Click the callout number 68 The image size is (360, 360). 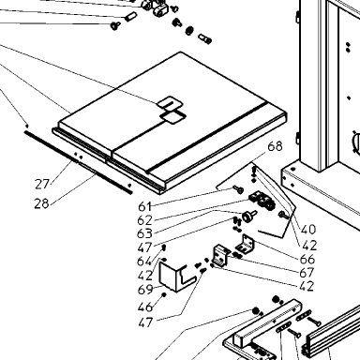coord(275,146)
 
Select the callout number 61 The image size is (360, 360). coord(144,206)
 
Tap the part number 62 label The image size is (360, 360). coord(144,220)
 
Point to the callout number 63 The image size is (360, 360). coord(144,233)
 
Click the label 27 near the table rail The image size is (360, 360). coord(42,185)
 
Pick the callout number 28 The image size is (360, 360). coord(41,203)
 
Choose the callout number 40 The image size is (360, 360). coord(308,230)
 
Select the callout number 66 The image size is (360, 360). coord(307,259)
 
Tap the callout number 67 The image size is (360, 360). coord(307,273)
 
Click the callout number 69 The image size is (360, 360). coord(145,290)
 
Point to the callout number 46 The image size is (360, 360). coord(145,307)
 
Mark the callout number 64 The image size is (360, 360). coord(144,262)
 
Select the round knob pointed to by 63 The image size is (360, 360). coord(249,217)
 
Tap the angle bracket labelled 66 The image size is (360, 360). coord(246,244)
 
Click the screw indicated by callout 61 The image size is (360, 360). coord(238,188)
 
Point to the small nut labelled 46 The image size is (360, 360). coord(163,294)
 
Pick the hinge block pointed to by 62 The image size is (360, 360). coord(262,201)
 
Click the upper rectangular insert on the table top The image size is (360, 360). coord(170,103)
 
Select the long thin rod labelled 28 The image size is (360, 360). coord(78,162)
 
